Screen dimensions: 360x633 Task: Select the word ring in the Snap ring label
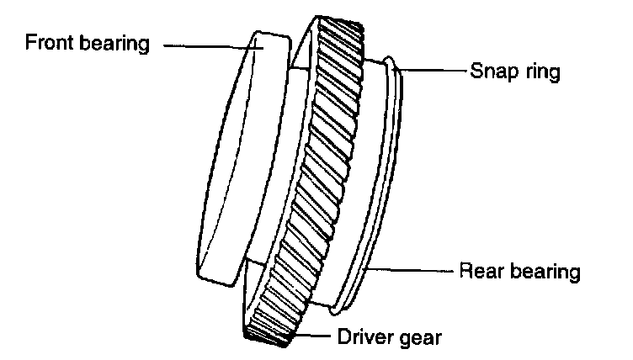541,72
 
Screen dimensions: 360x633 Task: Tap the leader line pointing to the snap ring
433,71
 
